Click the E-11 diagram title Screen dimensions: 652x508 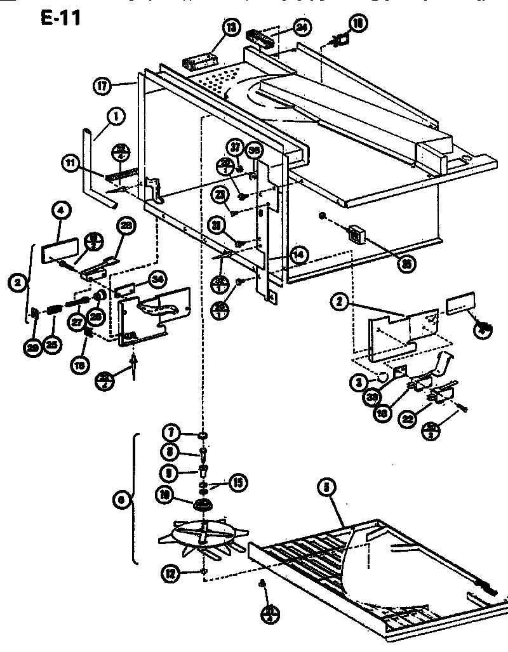click(60, 17)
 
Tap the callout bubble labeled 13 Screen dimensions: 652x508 click(231, 27)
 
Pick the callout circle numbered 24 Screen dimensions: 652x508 click(301, 27)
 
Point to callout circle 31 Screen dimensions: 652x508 click(218, 225)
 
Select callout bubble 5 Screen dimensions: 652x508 click(326, 488)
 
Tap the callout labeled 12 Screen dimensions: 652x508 click(168, 575)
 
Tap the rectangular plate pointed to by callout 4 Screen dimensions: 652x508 click(60, 249)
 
